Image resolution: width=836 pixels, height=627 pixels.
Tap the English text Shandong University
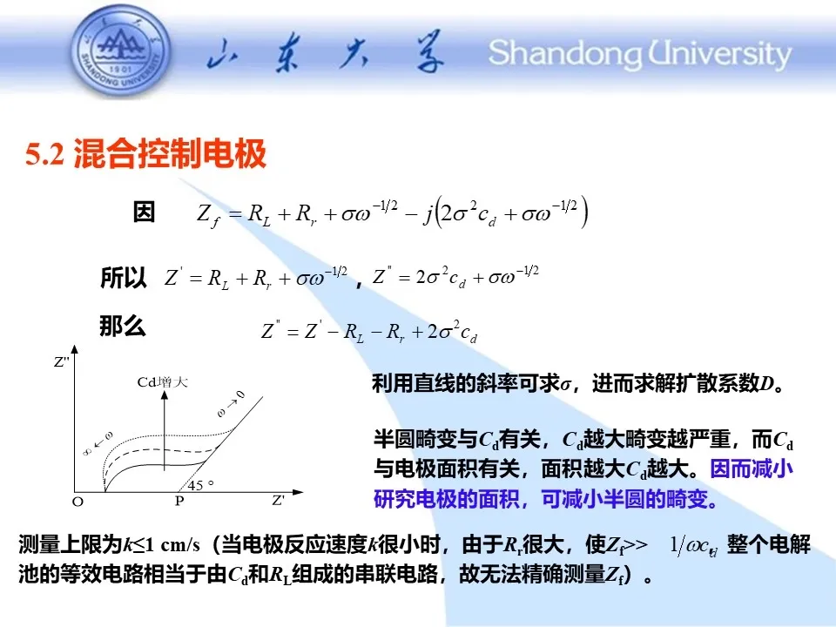tap(640, 54)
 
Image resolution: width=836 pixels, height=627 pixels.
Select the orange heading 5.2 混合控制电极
tap(145, 154)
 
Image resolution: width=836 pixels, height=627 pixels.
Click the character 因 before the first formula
tap(144, 212)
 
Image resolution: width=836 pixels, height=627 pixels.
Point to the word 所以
tap(123, 278)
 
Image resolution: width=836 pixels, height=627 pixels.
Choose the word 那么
tap(123, 325)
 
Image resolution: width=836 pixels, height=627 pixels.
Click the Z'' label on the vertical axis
tap(61, 362)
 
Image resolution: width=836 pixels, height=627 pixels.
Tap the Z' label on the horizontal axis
tap(279, 500)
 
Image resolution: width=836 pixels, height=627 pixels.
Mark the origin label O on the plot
tap(78, 502)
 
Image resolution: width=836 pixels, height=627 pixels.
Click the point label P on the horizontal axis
tap(179, 502)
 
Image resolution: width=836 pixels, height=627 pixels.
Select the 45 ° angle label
tap(200, 485)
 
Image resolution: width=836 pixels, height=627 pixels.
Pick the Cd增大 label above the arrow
tap(163, 381)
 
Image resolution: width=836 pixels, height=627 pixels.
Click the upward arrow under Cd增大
tap(165, 430)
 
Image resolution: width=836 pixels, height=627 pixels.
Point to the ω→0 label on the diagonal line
tap(232, 403)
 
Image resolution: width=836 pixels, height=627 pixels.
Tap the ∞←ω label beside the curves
tap(98, 443)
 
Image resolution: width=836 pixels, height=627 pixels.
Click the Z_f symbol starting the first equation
tap(208, 215)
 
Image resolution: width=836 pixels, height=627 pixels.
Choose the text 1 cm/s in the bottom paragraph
tap(172, 545)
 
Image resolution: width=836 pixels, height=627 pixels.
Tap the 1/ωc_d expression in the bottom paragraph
tap(693, 546)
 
